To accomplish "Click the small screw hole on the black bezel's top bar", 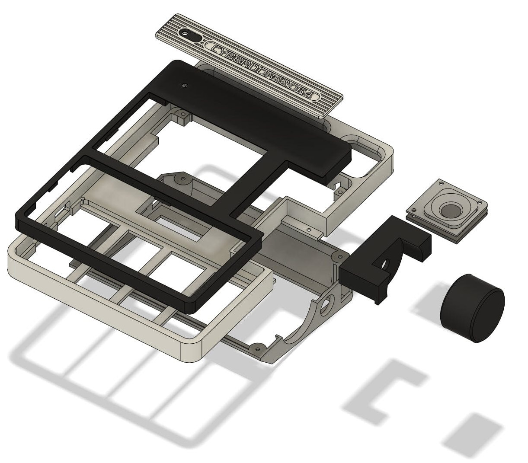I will (185, 85).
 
